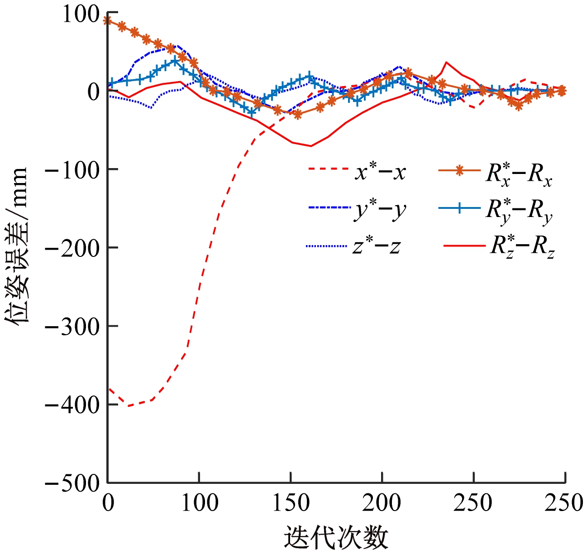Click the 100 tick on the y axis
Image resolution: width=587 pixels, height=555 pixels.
pos(81,14)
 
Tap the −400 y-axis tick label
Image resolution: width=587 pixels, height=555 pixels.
pos(73,405)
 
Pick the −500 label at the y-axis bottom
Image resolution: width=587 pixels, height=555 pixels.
pos(73,483)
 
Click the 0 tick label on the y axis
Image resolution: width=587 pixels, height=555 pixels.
pos(93,92)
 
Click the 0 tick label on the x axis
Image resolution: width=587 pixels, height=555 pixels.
pos(108,503)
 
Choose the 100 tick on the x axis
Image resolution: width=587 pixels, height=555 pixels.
pos(200,503)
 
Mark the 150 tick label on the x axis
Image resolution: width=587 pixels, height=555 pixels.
pos(291,503)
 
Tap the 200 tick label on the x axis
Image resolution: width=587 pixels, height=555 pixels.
pos(382,503)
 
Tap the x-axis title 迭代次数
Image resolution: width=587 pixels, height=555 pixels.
pos(336,538)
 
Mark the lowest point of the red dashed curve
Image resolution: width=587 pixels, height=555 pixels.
pos(129,406)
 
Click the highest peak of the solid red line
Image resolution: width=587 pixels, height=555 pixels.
pos(447,62)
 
